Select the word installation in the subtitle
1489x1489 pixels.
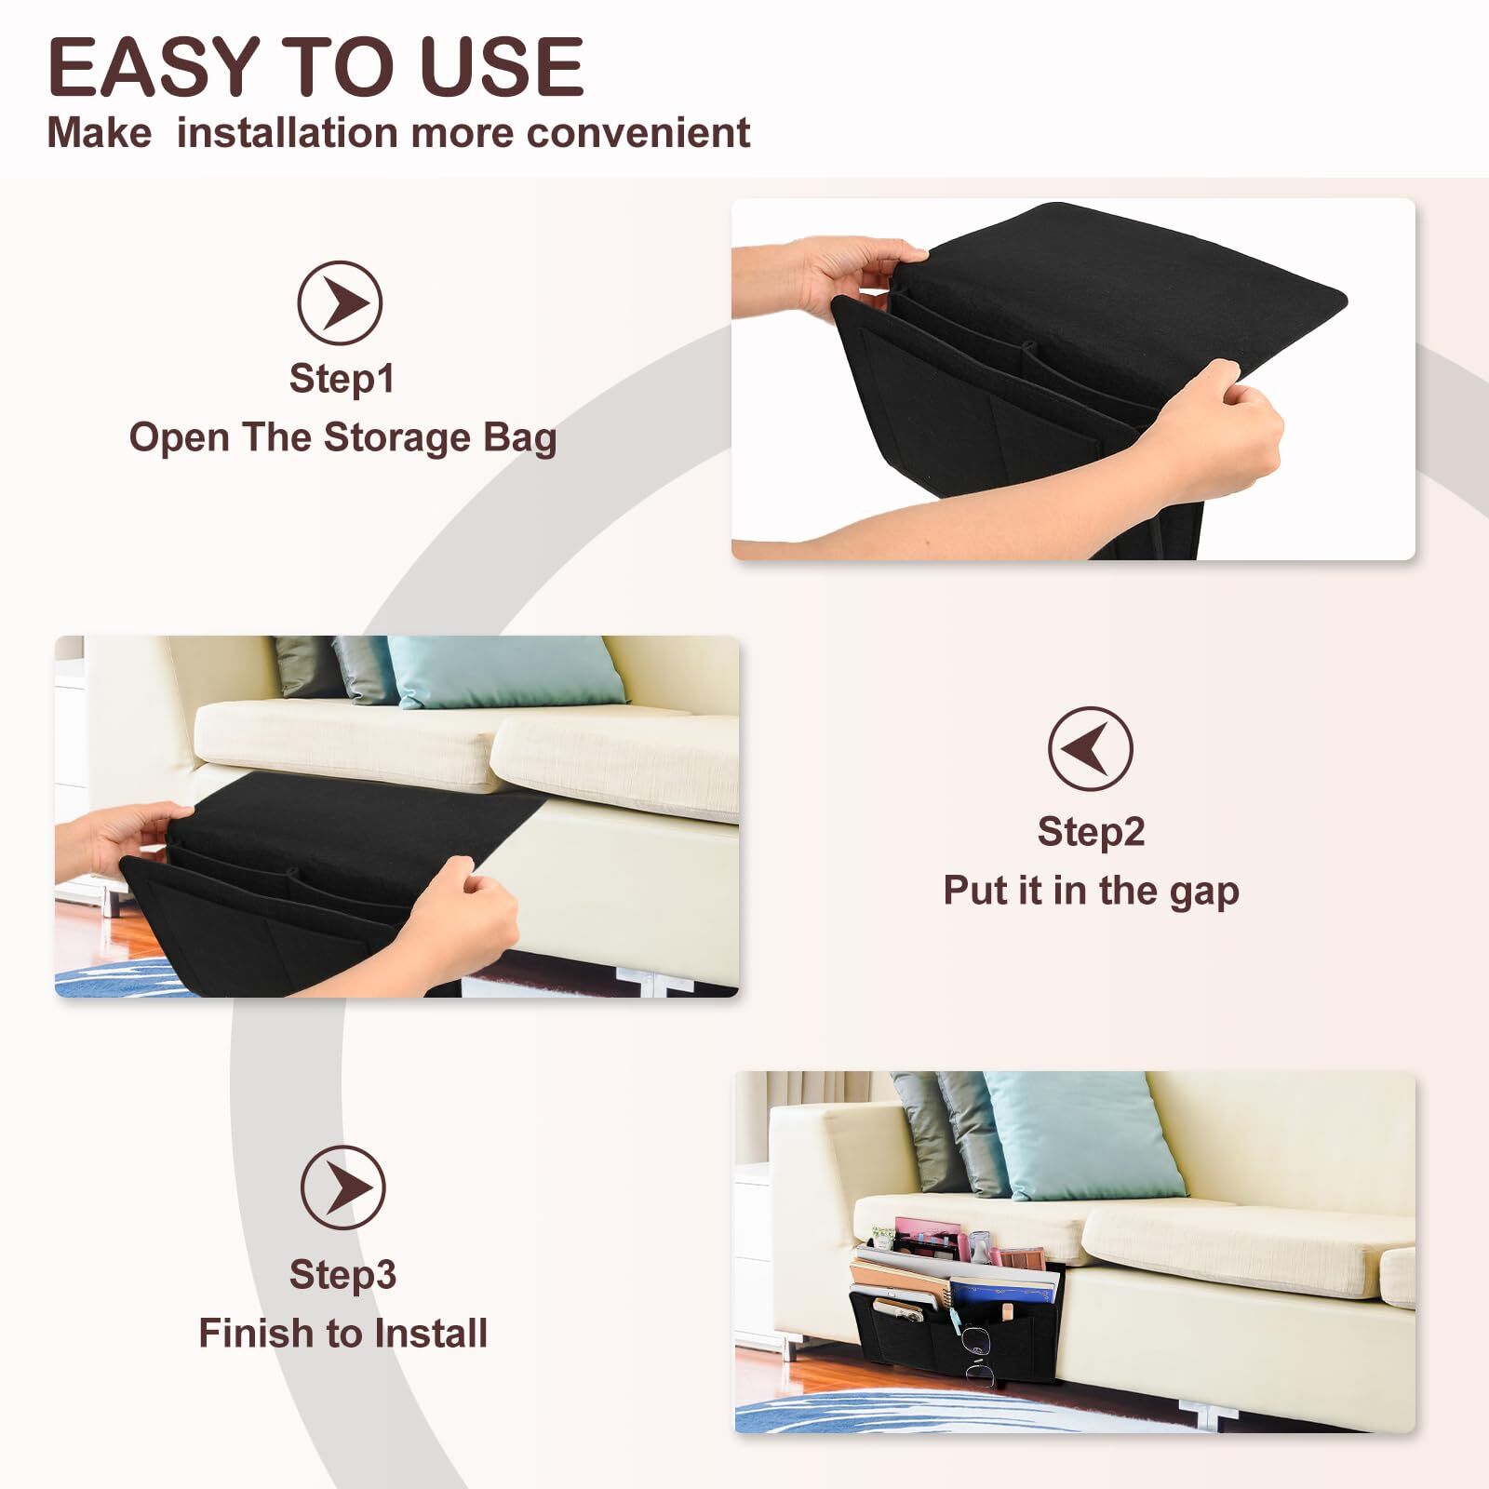coord(288,132)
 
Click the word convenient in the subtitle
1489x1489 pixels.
coord(638,133)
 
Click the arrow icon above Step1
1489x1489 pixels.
coord(340,303)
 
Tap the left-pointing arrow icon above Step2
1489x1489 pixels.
coord(1091,749)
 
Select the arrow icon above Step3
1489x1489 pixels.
coord(342,1187)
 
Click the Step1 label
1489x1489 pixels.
coord(342,379)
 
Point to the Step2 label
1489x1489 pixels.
coord(1091,832)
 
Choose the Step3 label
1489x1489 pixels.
coord(342,1275)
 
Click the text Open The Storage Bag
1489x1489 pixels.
coord(342,437)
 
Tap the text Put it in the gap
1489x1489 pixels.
coord(1091,891)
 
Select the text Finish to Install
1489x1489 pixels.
coord(342,1334)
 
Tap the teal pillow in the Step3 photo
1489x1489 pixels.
coord(1085,1134)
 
